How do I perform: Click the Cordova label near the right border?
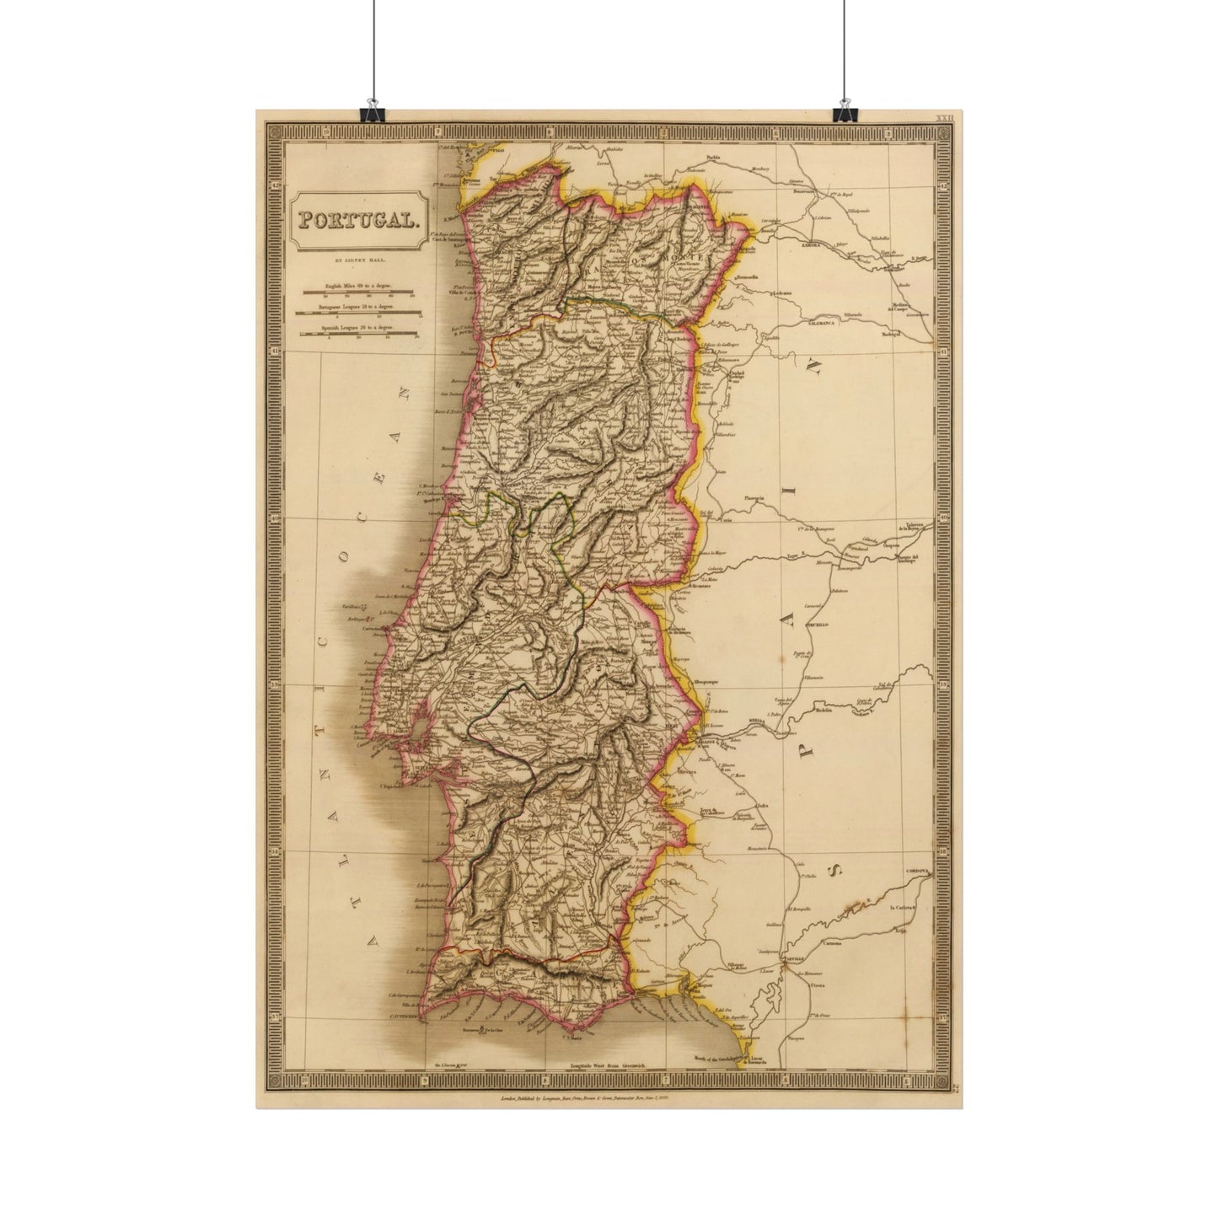[919, 869]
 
